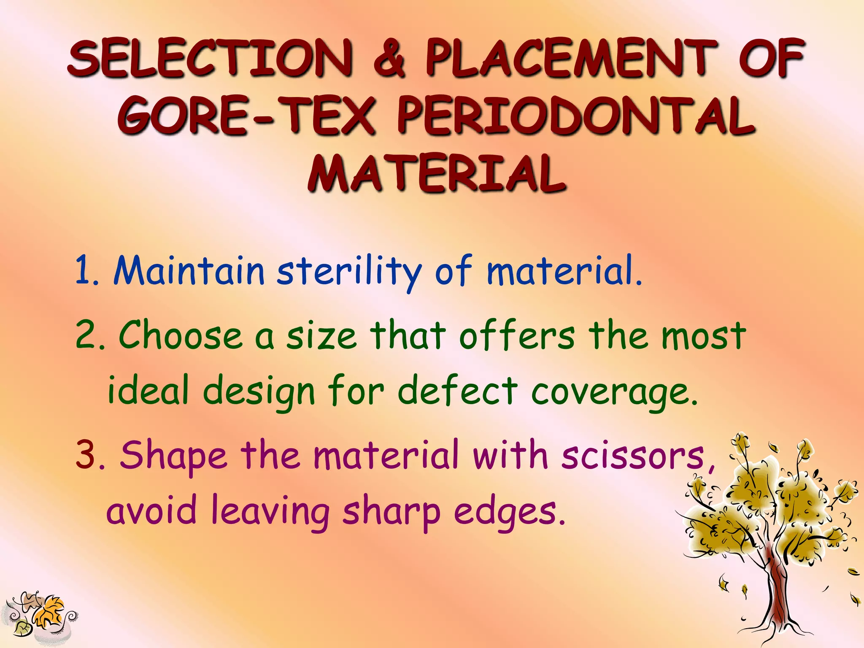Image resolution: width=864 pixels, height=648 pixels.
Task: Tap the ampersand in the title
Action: [x=389, y=59]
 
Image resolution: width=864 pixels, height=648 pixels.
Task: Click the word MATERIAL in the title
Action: [x=436, y=173]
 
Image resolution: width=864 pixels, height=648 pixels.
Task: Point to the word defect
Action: [x=457, y=390]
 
